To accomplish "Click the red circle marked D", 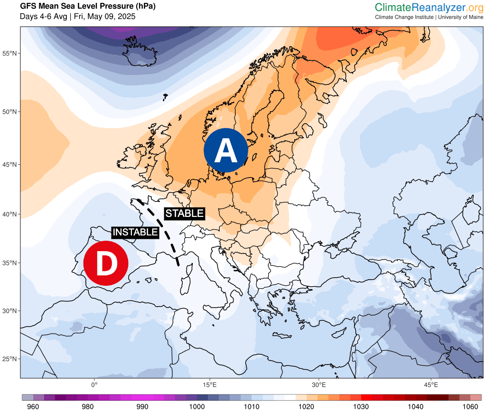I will point(106,263).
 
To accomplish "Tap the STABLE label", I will point(184,214).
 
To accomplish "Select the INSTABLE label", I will point(135,232).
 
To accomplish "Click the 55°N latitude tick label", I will point(10,53).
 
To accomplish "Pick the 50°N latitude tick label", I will point(10,112).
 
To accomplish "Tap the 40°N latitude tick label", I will point(10,214).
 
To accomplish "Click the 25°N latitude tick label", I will point(10,359).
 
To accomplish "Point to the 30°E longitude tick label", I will point(318,384).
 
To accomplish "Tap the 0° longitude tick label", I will point(94,384).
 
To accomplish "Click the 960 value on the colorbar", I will point(33,406).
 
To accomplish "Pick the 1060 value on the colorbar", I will point(470,406).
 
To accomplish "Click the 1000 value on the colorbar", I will point(197,406).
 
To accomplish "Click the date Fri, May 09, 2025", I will point(105,17).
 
